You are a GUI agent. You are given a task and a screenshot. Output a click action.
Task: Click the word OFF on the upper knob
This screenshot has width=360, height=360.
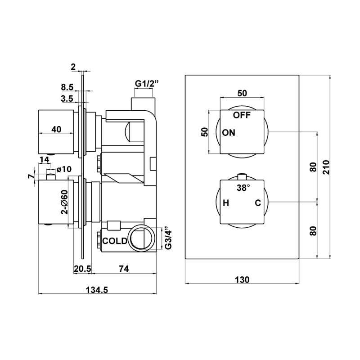(x=242, y=115)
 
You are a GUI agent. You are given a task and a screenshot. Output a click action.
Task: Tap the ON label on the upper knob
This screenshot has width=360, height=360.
(x=229, y=133)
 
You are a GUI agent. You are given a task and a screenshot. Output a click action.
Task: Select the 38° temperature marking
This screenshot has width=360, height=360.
(x=243, y=188)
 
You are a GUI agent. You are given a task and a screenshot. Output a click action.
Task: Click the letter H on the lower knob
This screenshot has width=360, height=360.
(x=226, y=203)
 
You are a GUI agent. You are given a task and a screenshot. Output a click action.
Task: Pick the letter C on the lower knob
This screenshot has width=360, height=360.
(x=257, y=203)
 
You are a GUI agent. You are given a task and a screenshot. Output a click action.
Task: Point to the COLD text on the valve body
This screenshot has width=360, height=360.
(x=114, y=240)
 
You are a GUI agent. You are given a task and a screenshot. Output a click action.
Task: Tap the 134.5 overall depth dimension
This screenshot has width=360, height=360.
(x=97, y=290)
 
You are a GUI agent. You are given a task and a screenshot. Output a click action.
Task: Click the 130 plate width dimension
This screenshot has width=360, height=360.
(x=242, y=279)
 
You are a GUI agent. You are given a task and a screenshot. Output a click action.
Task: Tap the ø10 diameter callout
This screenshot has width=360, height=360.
(x=65, y=169)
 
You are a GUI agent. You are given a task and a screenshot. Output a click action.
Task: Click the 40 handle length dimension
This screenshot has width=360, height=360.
(x=56, y=129)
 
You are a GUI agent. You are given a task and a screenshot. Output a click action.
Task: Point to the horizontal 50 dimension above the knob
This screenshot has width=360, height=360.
(x=242, y=93)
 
